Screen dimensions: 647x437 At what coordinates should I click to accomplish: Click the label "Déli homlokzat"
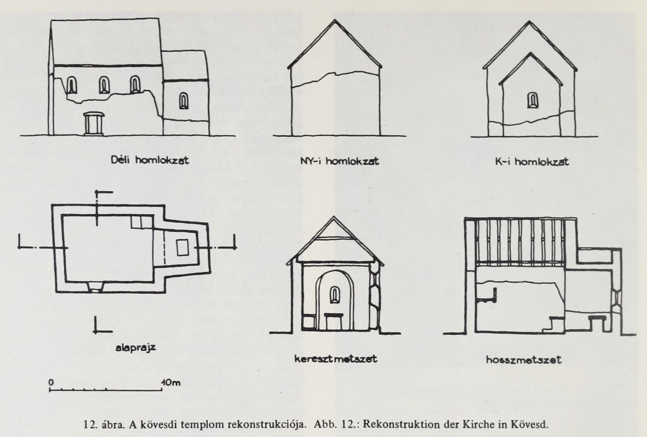point(150,160)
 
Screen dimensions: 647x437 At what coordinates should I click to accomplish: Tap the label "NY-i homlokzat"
point(339,161)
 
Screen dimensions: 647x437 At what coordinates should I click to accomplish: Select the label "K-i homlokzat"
point(532,161)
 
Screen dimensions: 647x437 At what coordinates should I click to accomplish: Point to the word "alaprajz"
point(135,348)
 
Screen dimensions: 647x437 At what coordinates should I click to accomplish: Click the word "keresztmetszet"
point(336,359)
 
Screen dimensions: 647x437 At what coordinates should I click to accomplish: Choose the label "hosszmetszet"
point(524,360)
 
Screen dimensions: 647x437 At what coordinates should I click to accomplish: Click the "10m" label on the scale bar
point(171,383)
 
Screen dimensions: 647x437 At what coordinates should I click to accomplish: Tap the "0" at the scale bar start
point(51,382)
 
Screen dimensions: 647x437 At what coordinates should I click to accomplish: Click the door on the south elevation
point(93,124)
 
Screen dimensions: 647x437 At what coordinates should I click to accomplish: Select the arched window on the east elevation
point(533,100)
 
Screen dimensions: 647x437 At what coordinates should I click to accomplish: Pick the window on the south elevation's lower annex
point(184,101)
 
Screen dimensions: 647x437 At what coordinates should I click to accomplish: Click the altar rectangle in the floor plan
point(182,247)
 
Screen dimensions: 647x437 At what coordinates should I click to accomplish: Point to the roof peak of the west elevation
point(335,20)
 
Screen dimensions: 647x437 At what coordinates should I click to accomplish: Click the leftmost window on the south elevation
point(72,85)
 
